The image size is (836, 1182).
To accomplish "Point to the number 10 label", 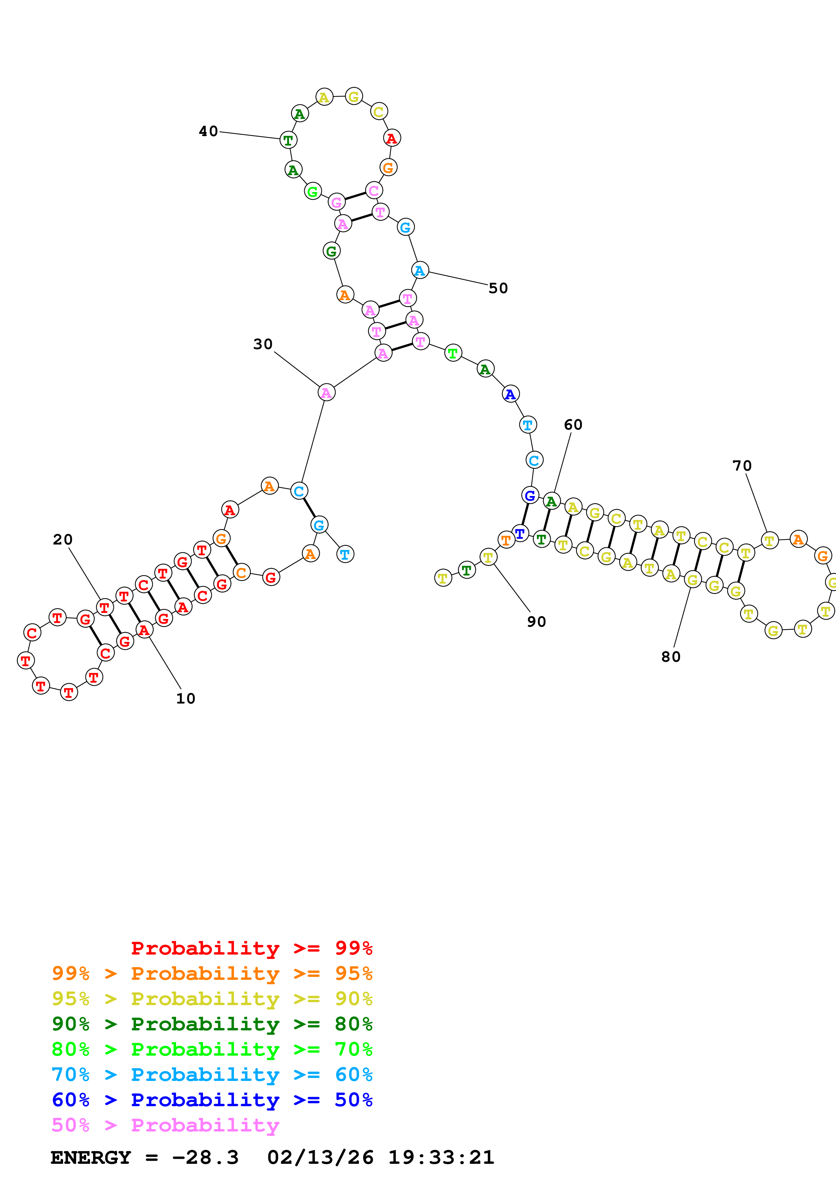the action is pos(185,698).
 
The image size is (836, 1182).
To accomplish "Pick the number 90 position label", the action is pos(536,622).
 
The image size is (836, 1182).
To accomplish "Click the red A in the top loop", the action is pos(392,138).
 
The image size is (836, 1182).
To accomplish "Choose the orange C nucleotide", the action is pos(241,572).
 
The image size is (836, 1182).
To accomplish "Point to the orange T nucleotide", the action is pos(506,540).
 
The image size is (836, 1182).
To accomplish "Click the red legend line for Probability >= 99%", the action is pos(251,948).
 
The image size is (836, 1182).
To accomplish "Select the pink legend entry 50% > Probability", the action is pos(165,1125).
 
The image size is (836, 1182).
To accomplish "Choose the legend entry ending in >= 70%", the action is pos(212,1049).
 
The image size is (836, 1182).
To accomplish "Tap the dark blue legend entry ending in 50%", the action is pos(212,1100).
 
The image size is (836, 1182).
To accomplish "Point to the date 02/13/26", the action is pos(320,1158).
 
